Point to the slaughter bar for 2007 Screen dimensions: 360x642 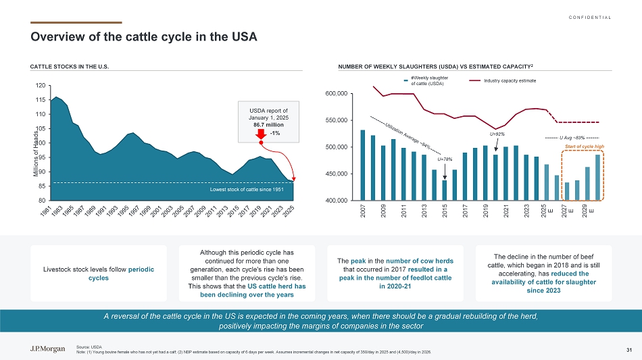(x=363, y=165)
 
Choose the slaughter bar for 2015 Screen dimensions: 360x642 (x=445, y=190)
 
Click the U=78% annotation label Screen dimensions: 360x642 (x=445, y=159)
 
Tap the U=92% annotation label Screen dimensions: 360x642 (x=497, y=134)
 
